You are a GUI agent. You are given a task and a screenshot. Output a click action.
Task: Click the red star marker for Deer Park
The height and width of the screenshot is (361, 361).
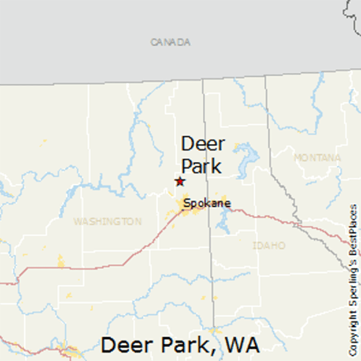tap(180, 181)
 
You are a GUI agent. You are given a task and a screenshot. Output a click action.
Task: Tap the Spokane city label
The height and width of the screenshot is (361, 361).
tap(207, 203)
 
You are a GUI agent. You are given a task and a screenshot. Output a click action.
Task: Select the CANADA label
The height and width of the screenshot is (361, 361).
tap(170, 42)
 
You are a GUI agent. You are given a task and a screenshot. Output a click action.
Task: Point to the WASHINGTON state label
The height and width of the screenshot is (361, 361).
tap(107, 221)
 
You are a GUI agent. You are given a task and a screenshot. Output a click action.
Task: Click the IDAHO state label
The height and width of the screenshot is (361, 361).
tap(269, 245)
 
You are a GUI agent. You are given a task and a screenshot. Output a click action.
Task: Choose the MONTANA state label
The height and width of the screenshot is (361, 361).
tap(317, 158)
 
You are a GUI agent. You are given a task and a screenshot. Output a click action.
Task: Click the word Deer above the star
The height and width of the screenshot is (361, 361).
tap(203, 144)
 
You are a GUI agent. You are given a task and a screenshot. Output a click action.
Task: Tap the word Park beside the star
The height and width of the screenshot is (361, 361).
tap(202, 166)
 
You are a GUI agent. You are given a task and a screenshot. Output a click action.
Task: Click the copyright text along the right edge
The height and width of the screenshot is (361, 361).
tap(353, 280)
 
